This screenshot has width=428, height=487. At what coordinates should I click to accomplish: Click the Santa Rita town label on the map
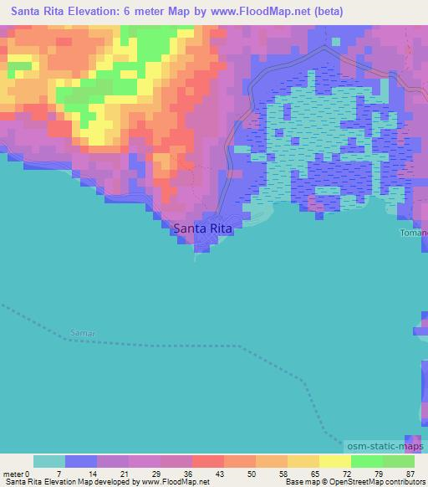201,227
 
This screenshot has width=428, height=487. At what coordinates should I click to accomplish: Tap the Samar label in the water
83,333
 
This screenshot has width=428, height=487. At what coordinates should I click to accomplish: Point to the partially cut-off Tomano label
413,233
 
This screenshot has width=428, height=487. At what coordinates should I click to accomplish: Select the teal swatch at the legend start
49,461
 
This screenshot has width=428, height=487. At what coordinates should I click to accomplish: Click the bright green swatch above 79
367,461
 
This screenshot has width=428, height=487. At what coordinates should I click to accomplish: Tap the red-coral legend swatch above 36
208,461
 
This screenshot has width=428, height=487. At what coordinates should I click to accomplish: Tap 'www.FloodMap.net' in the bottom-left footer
172,483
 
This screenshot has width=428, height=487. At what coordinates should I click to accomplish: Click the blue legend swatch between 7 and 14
81,461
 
